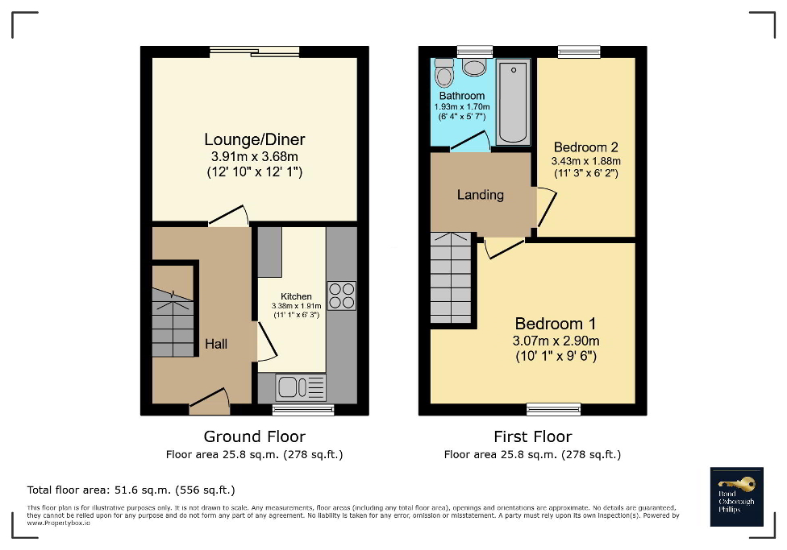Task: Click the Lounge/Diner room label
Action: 254,139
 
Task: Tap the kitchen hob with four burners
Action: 341,295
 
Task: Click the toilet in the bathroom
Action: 443,74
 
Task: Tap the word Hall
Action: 215,344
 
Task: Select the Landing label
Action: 480,194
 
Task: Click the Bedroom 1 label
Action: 556,324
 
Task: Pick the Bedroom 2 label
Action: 585,147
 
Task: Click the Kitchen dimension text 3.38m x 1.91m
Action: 296,306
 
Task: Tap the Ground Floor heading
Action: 254,436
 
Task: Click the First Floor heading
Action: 532,436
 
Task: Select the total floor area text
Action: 131,490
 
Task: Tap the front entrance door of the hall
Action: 210,401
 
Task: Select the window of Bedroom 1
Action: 554,410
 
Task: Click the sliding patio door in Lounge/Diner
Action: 254,53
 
